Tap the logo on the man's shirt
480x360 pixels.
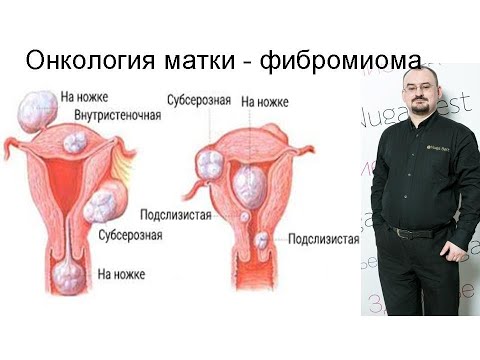pyautogui.click(x=439, y=150)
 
